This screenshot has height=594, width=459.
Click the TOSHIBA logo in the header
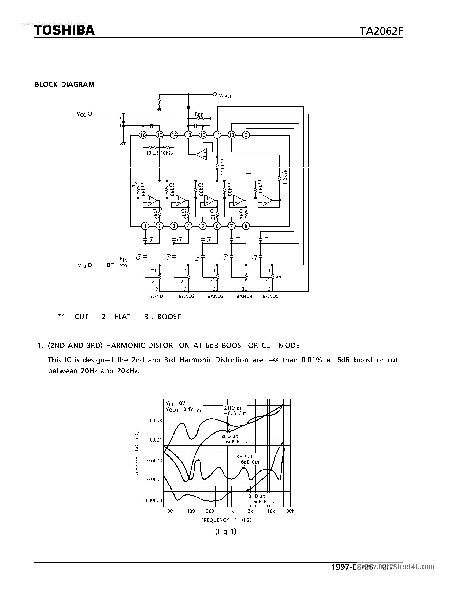coord(64,30)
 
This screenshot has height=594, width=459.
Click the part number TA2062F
coord(381,31)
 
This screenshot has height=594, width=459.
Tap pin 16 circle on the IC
coord(143,135)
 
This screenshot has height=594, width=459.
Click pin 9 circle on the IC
coord(246,135)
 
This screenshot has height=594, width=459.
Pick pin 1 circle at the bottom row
coord(145,226)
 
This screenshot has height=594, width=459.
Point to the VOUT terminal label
coord(226,96)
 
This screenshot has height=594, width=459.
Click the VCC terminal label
coord(81,114)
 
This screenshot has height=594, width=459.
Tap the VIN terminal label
coord(82,266)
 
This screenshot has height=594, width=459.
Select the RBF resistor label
coord(199,115)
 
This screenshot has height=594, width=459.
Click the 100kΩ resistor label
coord(223,167)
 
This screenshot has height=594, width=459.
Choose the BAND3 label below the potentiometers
coord(215,296)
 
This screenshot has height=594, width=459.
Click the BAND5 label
coord(271,296)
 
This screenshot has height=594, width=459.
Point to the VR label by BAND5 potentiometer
coord(278,277)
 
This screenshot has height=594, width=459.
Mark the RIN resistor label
coord(124,259)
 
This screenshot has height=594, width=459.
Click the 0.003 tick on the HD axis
coord(156,421)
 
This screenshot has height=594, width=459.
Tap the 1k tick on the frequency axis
coord(231,511)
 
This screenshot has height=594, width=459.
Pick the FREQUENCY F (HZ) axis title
coord(226,520)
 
